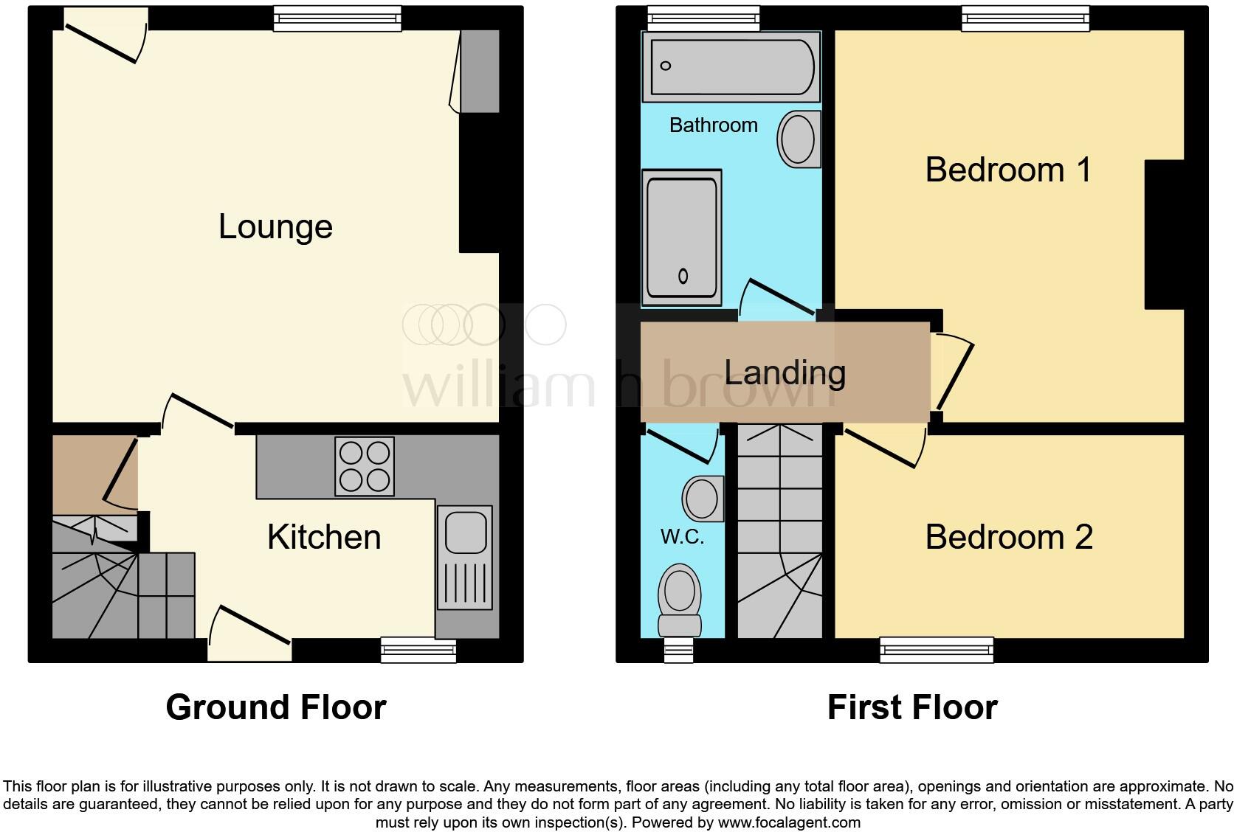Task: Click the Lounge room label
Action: coord(275,226)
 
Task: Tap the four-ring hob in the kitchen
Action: coord(364,466)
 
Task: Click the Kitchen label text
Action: coord(324,537)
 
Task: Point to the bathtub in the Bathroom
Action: coord(731,66)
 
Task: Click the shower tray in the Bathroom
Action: coord(682,236)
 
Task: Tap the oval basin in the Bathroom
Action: coord(799,138)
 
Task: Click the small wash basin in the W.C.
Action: coord(703,499)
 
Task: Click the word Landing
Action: coord(785,372)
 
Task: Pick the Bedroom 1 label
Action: coord(1007,170)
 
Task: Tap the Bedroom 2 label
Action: coord(1008,537)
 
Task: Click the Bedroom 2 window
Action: coord(937,650)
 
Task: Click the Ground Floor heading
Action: coord(276,707)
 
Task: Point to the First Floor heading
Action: coord(912,707)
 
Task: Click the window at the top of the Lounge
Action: coord(338,18)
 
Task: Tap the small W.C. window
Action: coord(678,651)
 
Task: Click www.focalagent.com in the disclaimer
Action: coord(787,822)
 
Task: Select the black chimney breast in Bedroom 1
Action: coord(1164,235)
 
